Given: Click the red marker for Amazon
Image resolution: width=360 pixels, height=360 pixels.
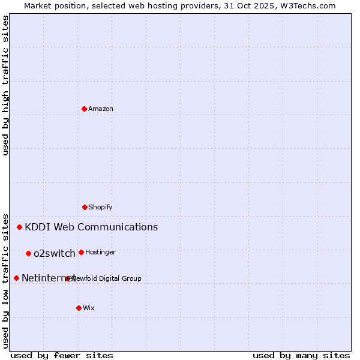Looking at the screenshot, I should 84,109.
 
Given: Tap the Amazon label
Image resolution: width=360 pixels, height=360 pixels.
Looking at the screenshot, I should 101,109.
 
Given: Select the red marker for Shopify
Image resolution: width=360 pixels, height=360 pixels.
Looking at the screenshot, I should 85,207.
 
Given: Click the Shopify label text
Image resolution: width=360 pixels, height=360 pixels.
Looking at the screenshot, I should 101,207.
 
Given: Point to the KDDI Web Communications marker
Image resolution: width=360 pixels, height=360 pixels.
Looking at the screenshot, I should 20,227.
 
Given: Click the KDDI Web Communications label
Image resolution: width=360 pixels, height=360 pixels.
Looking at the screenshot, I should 91,227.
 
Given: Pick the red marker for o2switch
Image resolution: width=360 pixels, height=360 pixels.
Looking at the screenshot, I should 28,253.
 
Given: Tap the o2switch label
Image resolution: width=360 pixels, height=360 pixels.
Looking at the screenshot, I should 55,253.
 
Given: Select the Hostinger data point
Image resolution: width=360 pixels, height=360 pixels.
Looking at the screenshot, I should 81,252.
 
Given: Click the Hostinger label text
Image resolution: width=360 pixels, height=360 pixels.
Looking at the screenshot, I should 100,252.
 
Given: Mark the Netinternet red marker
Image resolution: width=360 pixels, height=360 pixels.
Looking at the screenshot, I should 16,278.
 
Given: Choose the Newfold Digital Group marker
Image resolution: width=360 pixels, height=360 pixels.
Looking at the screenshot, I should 68,278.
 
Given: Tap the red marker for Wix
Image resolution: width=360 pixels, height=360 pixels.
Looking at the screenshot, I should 79,308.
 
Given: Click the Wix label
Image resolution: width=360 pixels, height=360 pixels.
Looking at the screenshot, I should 89,308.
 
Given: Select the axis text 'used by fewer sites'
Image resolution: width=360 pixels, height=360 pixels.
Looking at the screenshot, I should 62,355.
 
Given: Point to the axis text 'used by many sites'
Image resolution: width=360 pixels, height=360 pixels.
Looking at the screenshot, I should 301,355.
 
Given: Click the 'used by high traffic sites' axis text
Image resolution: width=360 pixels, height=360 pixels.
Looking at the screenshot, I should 5,85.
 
